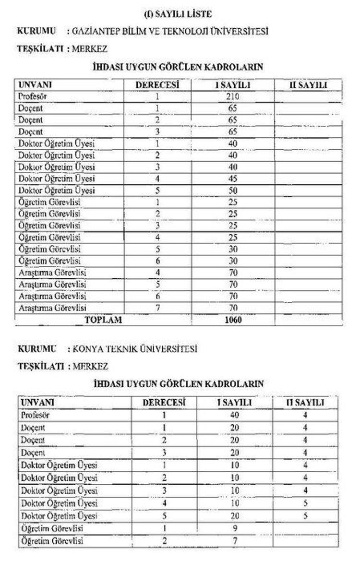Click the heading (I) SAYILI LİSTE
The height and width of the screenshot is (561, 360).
pyautogui.click(x=178, y=14)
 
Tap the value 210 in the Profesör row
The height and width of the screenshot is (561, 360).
pyautogui.click(x=233, y=96)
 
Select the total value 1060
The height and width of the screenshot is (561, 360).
pyautogui.click(x=233, y=320)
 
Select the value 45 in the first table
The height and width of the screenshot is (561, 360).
pyautogui.click(x=233, y=179)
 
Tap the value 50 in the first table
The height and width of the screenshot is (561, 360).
pyautogui.click(x=233, y=191)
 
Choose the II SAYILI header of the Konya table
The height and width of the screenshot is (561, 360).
pyautogui.click(x=305, y=403)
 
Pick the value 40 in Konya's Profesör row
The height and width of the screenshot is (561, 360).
pyautogui.click(x=235, y=415)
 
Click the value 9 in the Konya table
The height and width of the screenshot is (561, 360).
pyautogui.click(x=235, y=529)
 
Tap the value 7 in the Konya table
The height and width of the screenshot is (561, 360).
pyautogui.click(x=235, y=541)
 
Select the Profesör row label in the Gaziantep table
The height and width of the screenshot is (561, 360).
pyautogui.click(x=33, y=96)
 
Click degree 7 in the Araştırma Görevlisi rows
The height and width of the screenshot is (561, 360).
pyautogui.click(x=157, y=308)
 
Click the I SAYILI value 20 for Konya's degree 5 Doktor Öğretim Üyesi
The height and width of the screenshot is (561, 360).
pyautogui.click(x=235, y=516)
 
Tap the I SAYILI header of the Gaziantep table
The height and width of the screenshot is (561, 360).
pyautogui.click(x=233, y=85)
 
